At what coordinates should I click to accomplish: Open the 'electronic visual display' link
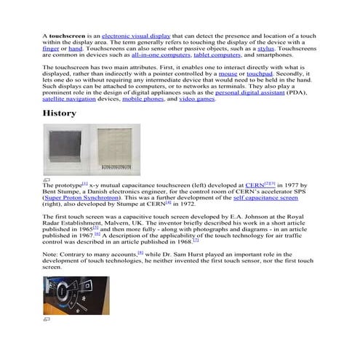click(x=136, y=35)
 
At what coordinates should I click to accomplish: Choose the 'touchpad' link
click(x=259, y=73)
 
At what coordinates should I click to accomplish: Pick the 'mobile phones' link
click(x=143, y=99)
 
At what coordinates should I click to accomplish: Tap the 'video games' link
click(x=196, y=99)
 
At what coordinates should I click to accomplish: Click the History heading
click(x=60, y=114)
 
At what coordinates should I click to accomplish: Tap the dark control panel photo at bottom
click(x=65, y=294)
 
